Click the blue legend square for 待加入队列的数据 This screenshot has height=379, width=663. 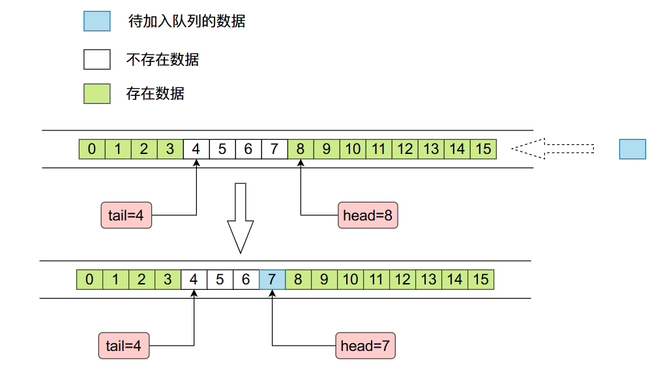pos(96,21)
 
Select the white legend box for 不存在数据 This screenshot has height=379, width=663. pos(96,59)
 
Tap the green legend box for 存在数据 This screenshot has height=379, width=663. pos(96,93)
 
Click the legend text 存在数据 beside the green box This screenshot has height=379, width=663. pos(155,93)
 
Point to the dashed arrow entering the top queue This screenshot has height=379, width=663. pos(552,149)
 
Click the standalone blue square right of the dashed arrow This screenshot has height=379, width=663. pos(632,149)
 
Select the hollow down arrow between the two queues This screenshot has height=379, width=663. pos(240,218)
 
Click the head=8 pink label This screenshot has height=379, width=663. pos(368,215)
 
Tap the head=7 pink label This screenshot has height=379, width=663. pos(365,346)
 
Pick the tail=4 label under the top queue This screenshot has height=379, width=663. pos(126,215)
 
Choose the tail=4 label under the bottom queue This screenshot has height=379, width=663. pos(124,346)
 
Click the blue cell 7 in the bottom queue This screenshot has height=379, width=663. pos(272,280)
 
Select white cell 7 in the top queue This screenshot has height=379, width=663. pos(274,149)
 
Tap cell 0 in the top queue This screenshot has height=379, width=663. pos(92,149)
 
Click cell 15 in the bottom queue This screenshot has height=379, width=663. pos(480,280)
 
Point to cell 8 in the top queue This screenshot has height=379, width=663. pos(301,149)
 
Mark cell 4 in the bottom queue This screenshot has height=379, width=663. pos(194,280)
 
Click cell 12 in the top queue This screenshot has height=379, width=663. pos(405,149)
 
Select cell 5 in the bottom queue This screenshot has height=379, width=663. pos(220,280)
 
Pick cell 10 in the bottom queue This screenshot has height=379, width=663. pos(350,280)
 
